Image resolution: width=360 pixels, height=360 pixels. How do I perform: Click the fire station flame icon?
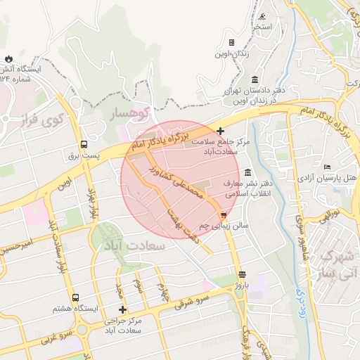(8, 58)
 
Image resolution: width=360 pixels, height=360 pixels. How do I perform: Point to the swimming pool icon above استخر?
(262, 16)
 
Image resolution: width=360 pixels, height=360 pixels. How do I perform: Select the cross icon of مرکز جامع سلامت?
(221, 131)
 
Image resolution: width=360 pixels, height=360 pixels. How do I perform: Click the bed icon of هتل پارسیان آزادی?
(327, 167)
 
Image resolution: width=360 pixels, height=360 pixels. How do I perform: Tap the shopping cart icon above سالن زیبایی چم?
(224, 214)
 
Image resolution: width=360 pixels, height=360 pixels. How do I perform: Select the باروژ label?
(242, 286)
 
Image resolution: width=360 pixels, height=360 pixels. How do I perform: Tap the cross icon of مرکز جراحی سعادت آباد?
(123, 309)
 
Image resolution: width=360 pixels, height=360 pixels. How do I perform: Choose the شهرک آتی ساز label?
(338, 264)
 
